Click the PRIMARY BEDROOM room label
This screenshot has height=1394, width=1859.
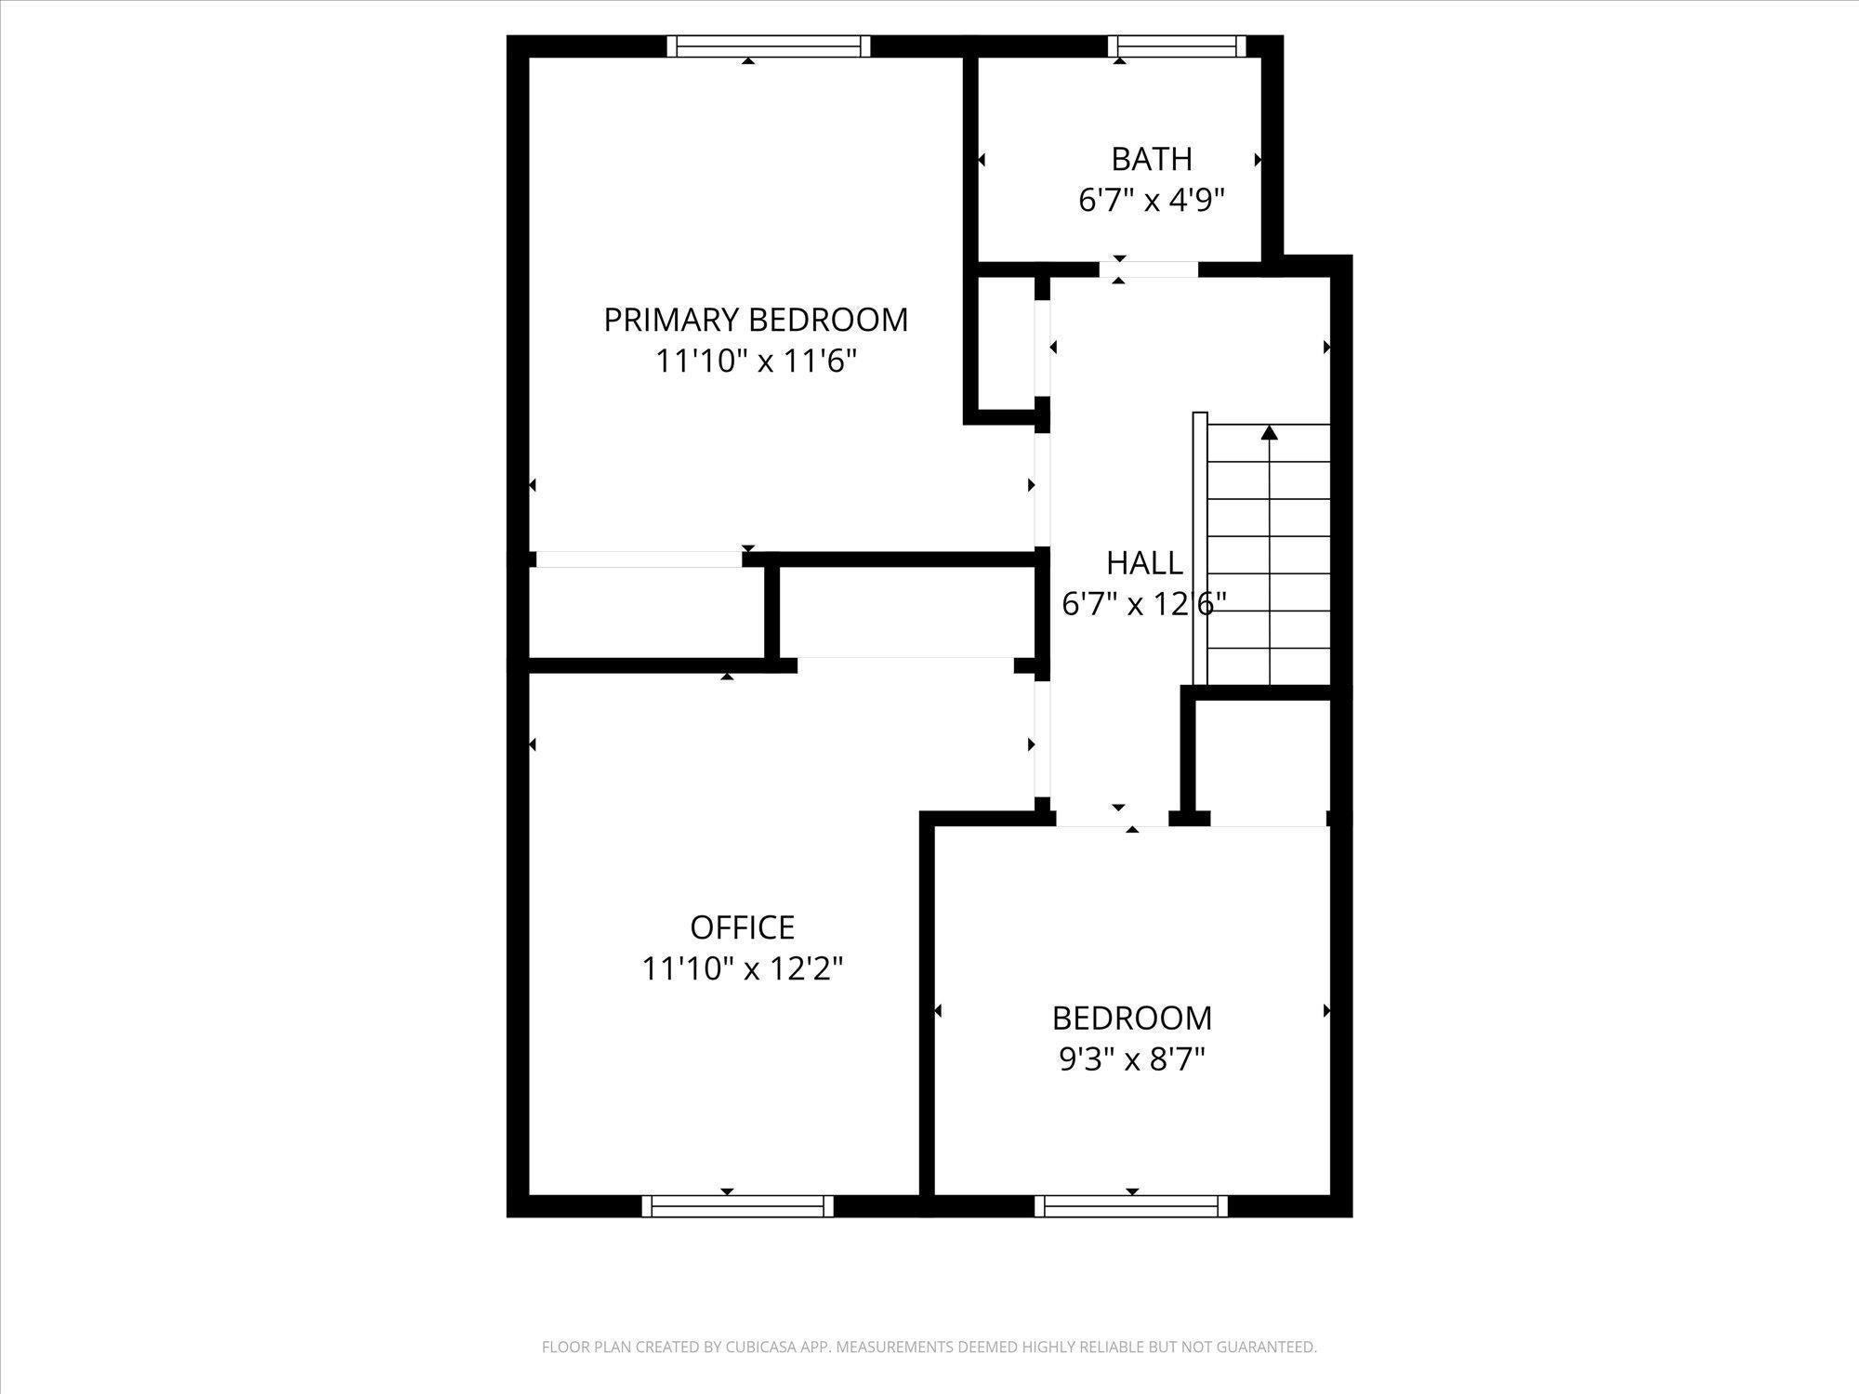756,320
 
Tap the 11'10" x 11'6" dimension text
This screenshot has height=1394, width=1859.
756,361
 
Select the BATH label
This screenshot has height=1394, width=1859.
1152,160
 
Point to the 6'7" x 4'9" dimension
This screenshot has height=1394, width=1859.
1152,200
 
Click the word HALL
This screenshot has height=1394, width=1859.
1144,563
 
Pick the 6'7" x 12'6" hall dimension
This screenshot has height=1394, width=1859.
1144,604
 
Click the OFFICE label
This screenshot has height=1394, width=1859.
743,927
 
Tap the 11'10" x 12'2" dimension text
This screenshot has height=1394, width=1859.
743,968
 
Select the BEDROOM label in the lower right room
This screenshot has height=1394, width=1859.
1132,1019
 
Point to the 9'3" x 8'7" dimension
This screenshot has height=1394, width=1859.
1132,1059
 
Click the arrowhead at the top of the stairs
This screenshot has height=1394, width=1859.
1270,432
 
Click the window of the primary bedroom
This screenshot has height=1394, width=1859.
770,46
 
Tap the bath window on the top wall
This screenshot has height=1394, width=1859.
1177,46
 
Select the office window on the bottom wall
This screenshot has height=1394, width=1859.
738,1206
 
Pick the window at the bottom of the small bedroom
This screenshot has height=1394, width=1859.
1131,1206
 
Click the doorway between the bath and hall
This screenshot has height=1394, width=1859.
1149,270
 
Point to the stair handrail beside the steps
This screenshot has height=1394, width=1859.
1200,548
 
